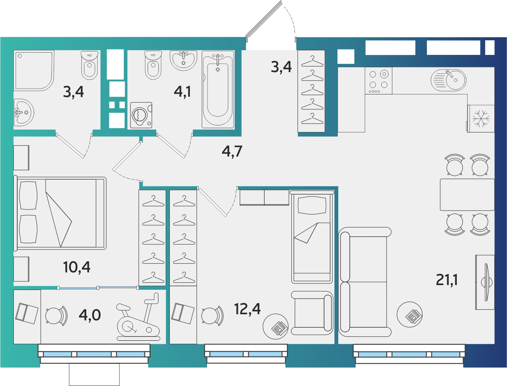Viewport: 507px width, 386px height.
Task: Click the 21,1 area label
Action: click(446, 280)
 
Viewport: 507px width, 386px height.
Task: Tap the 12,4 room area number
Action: click(247, 309)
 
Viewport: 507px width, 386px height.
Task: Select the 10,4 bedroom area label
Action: click(76, 267)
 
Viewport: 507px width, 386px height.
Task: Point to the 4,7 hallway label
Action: click(232, 152)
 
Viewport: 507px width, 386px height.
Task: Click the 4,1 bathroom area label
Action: click(182, 92)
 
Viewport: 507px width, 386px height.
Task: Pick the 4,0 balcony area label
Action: click(90, 315)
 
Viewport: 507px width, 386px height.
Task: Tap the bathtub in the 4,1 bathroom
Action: click(218, 89)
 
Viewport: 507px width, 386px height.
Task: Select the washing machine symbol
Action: click(141, 115)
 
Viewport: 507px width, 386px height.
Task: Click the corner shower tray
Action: click(34, 71)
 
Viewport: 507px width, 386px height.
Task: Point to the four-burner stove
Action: click(379, 81)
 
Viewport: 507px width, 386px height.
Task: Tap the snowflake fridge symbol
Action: click(481, 119)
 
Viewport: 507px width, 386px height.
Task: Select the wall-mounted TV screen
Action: click(486, 282)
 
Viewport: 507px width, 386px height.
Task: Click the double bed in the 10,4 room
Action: click(60, 213)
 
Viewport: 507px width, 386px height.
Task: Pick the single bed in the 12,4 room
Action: click(312, 237)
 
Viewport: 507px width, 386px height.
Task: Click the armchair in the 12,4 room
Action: click(312, 313)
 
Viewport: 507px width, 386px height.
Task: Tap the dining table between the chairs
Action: click(467, 195)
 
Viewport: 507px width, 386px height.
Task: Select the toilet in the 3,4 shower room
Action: click(90, 65)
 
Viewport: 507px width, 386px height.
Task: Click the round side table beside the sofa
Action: click(410, 314)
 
